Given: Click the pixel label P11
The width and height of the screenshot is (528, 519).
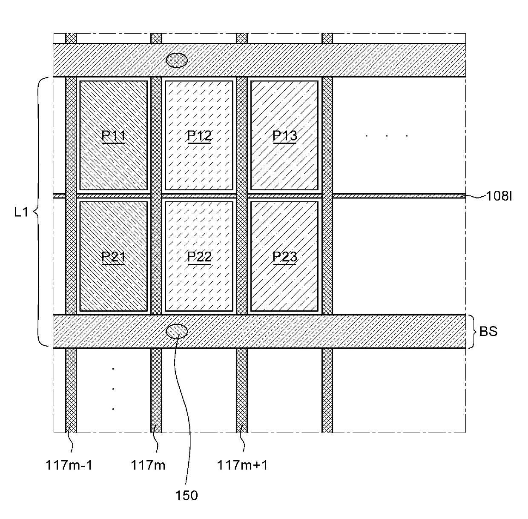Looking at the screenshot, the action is [113, 136].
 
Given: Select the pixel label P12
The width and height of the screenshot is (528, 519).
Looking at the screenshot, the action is [199, 136].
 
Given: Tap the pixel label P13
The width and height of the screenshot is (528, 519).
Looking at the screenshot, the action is [284, 136].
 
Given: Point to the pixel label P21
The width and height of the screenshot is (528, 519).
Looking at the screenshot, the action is [113, 257].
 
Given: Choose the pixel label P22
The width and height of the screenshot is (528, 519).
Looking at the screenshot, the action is [199, 257].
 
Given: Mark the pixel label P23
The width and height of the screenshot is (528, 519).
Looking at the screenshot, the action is [284, 257].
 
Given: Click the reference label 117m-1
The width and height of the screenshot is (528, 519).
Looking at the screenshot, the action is [69, 465].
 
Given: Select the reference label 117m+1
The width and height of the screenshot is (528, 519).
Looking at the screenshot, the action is [243, 465].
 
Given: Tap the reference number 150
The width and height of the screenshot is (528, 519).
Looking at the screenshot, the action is [187, 496].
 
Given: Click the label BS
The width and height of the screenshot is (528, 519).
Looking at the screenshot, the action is [488, 331].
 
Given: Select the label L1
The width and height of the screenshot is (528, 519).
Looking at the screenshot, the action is [21, 212].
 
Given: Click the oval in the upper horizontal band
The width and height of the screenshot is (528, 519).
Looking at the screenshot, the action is [176, 60].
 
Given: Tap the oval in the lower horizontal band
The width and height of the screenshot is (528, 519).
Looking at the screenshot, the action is [176, 331].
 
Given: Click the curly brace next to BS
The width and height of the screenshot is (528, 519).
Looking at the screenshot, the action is [471, 331].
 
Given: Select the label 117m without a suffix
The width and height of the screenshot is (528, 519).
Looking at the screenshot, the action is [148, 465].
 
